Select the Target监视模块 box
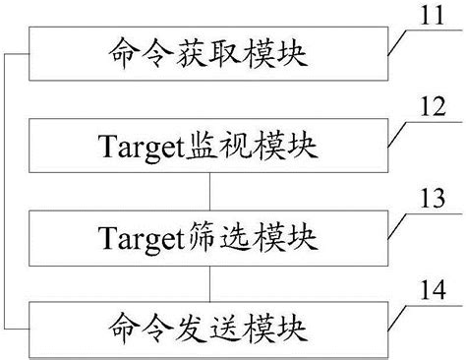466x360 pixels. pyautogui.click(x=206, y=147)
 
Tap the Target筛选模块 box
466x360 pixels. pyautogui.click(x=206, y=237)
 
